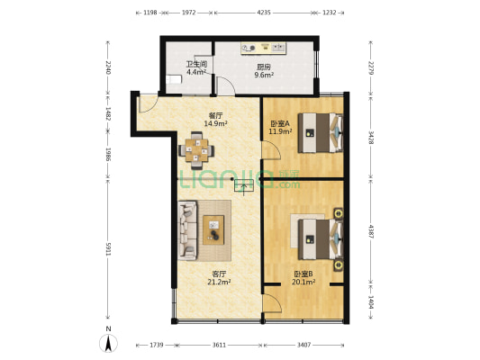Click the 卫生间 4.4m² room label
click(x=196, y=67)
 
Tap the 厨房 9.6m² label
click(x=263, y=71)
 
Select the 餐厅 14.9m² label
click(x=214, y=119)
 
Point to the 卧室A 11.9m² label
click(x=277, y=128)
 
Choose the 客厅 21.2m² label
click(x=219, y=277)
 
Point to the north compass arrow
click(x=108, y=343)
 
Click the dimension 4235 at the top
click(x=263, y=13)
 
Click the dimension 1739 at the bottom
click(x=157, y=346)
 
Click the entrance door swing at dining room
click(x=147, y=103)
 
